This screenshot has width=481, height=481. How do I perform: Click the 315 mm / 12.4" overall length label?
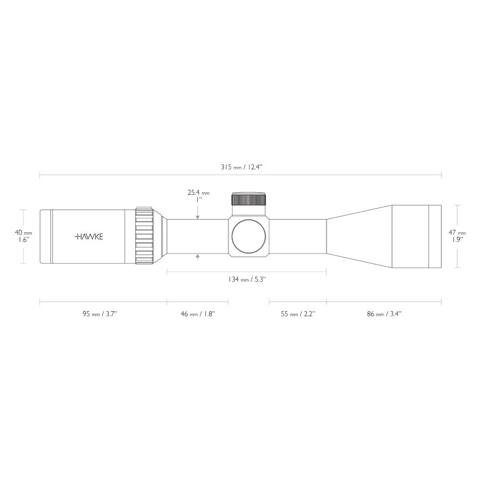click(240, 167)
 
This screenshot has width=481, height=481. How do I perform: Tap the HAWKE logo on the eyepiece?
click(89, 236)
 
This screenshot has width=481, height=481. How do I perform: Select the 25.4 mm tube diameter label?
click(198, 193)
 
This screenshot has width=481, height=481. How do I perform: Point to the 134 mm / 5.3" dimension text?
click(246, 279)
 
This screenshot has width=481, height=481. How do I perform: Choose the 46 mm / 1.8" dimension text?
click(198, 314)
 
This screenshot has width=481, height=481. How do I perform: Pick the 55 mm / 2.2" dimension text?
click(298, 314)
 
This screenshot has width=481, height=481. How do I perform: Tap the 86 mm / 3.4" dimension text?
click(384, 314)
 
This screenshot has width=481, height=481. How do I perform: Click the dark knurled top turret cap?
click(249, 199)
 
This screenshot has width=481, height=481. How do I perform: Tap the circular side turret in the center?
click(249, 236)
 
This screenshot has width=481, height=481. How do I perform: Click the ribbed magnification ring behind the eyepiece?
click(144, 236)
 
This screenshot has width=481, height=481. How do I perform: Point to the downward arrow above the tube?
click(198, 216)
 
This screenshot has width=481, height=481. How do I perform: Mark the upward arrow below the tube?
click(198, 258)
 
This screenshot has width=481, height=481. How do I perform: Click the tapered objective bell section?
click(358, 236)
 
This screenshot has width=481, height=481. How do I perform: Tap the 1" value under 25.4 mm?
click(198, 200)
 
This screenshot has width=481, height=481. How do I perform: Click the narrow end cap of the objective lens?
click(435, 236)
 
